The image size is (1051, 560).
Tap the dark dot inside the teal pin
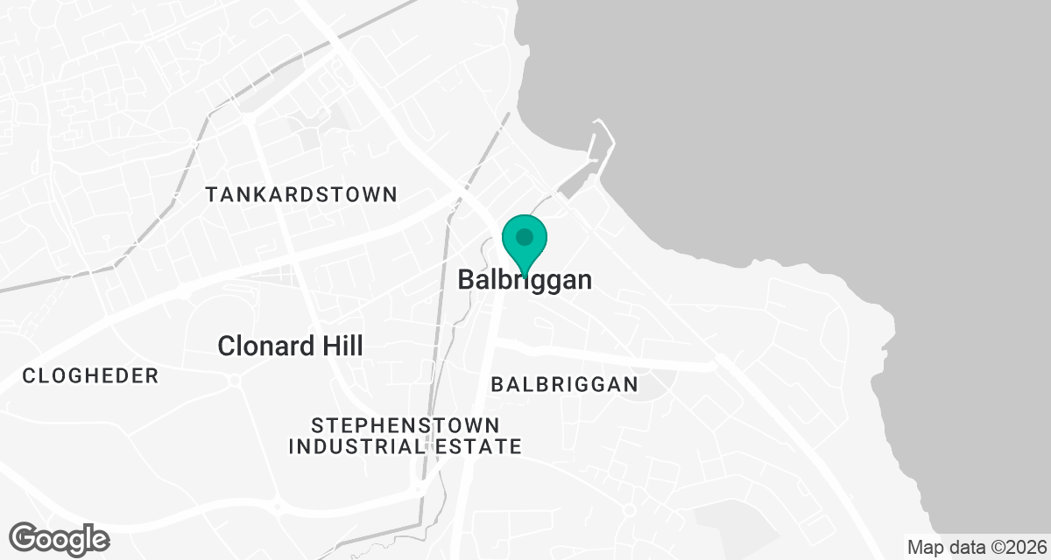(525, 236)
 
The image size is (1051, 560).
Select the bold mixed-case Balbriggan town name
(525, 280)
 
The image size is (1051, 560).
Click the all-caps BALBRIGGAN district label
(564, 384)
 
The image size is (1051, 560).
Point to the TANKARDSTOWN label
(301, 194)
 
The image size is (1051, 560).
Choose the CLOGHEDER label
(90, 376)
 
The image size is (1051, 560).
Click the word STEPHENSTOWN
(406, 426)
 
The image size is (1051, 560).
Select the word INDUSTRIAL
(356, 447)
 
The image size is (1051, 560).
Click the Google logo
(60, 537)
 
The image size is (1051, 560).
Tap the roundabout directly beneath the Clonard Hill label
(235, 380)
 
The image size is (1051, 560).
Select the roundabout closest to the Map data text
(628, 509)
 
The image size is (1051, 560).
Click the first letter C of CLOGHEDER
(29, 376)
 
